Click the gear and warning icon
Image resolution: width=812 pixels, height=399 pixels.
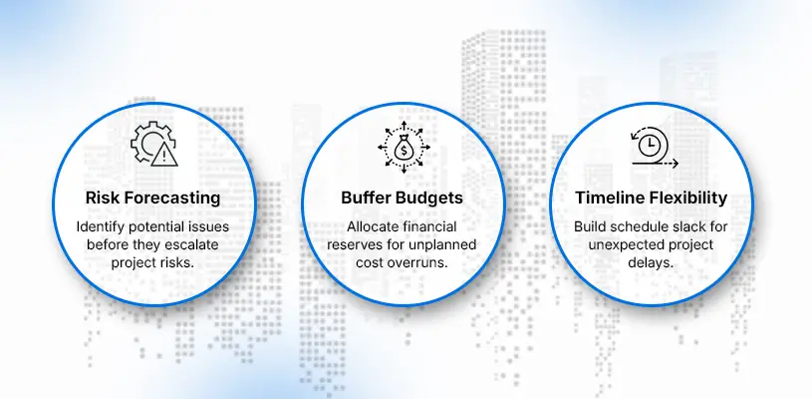[x=153, y=144]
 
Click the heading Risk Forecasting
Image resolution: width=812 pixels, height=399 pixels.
[x=152, y=198]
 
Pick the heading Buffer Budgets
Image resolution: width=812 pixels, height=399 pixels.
[x=402, y=198]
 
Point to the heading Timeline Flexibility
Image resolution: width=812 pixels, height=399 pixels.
[x=651, y=198]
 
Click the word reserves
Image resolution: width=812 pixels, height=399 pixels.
[x=352, y=244]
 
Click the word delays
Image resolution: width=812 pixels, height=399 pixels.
[x=651, y=262]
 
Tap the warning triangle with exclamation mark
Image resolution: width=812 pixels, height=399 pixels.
[x=164, y=155]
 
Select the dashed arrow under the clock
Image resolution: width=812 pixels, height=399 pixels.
[x=656, y=164]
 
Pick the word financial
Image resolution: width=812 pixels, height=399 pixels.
[x=432, y=227]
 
